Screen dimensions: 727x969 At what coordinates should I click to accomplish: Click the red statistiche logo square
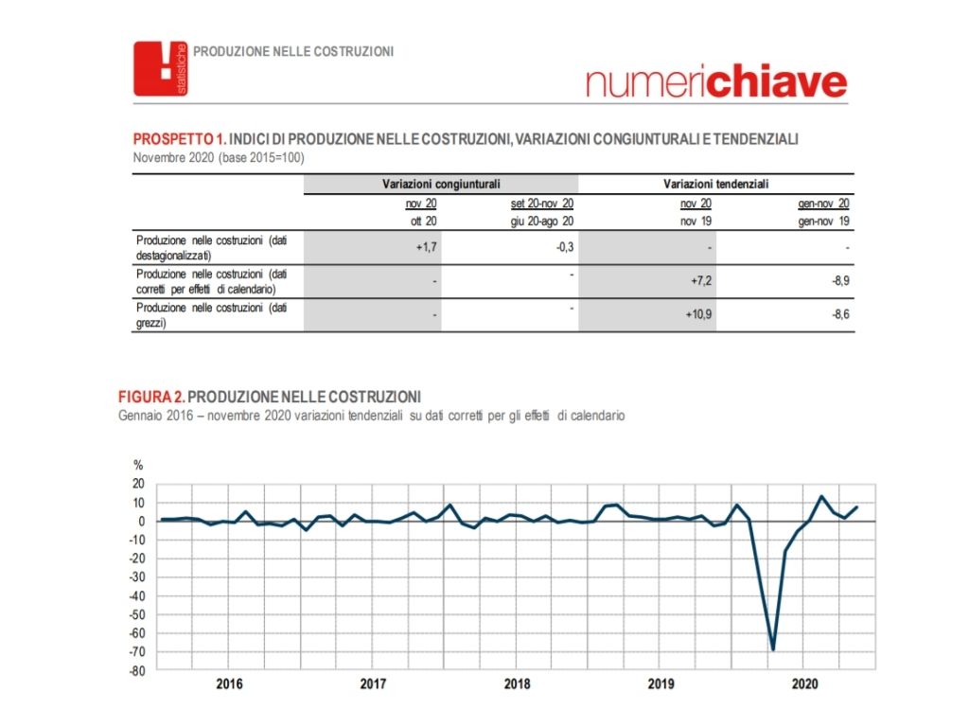point(161,68)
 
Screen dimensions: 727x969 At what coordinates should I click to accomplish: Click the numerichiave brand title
point(716,82)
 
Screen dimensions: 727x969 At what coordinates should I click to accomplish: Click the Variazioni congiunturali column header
point(441,184)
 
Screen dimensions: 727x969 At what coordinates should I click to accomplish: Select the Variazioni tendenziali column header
point(716,184)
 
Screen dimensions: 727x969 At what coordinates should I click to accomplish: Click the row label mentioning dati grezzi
point(210,315)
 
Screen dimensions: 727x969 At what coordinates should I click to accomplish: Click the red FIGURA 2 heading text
point(151,396)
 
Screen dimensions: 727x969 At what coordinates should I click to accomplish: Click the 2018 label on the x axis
point(517,683)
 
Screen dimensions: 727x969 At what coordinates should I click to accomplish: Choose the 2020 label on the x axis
point(804,683)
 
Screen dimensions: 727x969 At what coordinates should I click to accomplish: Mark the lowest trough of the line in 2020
point(773,649)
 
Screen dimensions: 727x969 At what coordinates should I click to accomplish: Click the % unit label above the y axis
point(137,465)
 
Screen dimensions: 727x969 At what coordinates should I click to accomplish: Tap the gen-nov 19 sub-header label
point(823,221)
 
